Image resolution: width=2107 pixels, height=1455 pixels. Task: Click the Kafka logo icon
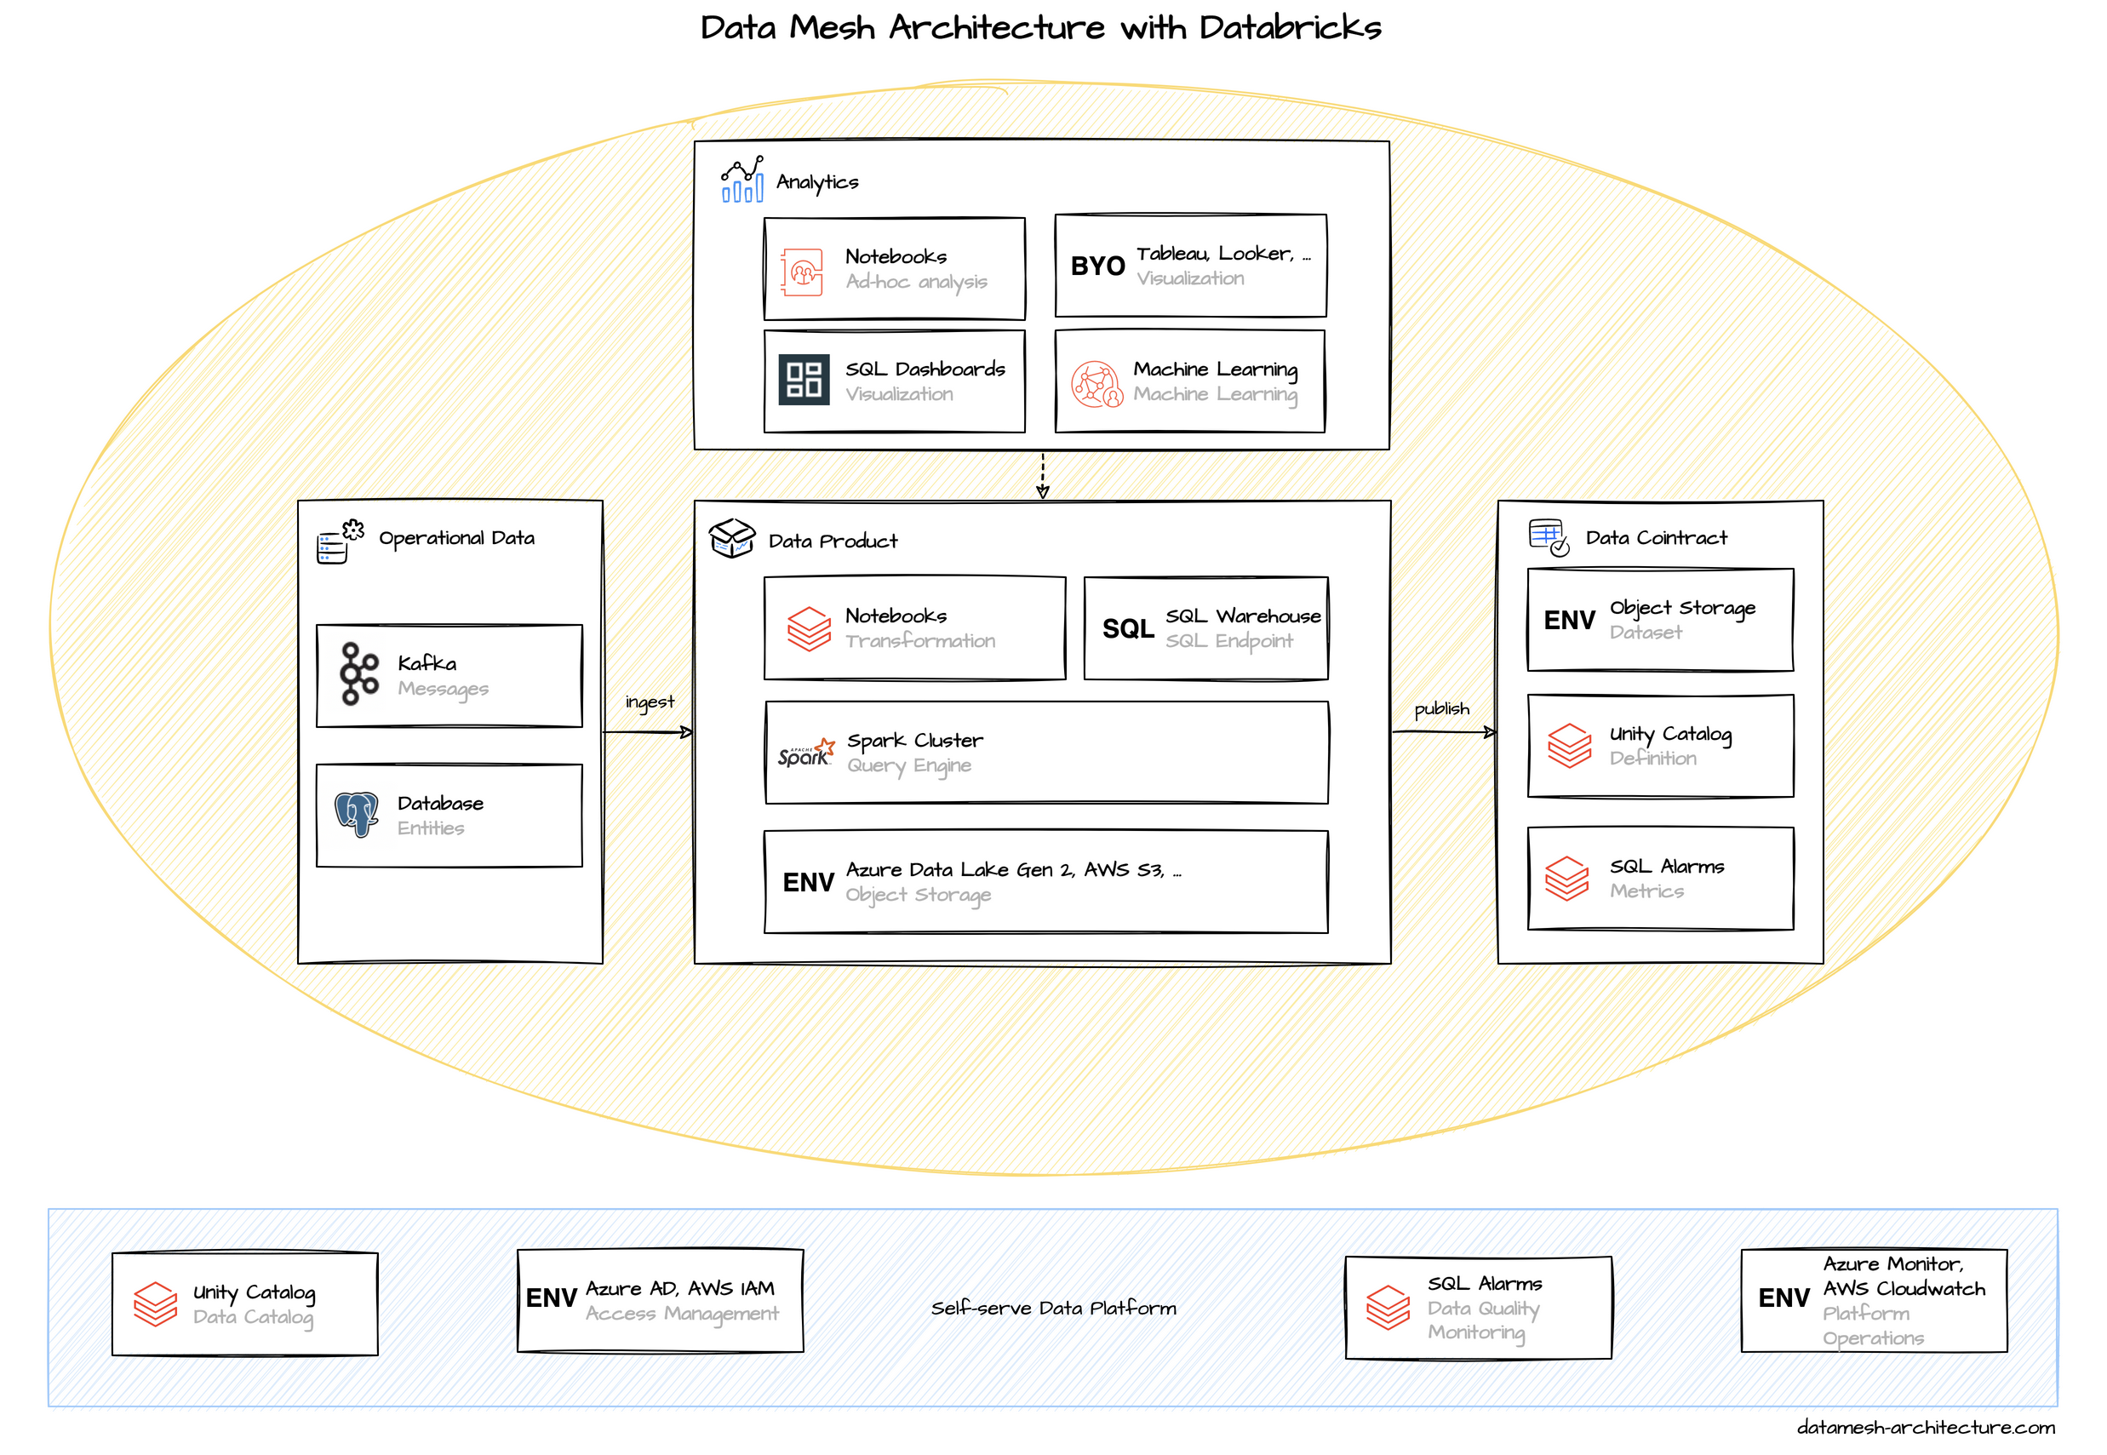pyautogui.click(x=358, y=674)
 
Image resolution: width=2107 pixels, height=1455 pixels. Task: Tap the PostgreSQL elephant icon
pyautogui.click(x=357, y=814)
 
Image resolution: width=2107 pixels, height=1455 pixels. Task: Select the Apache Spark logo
pyautogui.click(x=805, y=753)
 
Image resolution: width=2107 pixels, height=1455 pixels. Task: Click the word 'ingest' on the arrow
pyautogui.click(x=650, y=702)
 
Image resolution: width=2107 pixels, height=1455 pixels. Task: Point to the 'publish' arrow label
pyautogui.click(x=1442, y=708)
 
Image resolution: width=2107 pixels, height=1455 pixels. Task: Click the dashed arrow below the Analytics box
pyautogui.click(x=1043, y=476)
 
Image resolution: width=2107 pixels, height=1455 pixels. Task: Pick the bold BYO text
pyautogui.click(x=1097, y=266)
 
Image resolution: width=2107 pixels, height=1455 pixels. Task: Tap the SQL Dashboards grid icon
pyautogui.click(x=804, y=379)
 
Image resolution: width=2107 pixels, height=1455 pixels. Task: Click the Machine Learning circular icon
pyautogui.click(x=1096, y=384)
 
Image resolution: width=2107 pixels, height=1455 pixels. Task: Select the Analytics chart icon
pyautogui.click(x=741, y=180)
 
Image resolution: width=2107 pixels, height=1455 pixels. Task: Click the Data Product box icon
pyautogui.click(x=732, y=538)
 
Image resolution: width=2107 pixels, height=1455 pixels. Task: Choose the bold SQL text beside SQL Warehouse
pyautogui.click(x=1127, y=629)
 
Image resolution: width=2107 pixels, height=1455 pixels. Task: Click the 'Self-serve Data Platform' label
pyautogui.click(x=1054, y=1309)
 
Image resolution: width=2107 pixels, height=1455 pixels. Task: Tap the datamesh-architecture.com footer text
pyautogui.click(x=1925, y=1428)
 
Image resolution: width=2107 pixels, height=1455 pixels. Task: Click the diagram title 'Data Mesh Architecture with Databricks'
pyautogui.click(x=1041, y=27)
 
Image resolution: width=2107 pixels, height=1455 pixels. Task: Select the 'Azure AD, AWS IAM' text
pyautogui.click(x=680, y=1288)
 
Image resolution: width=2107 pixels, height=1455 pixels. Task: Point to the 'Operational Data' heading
pyautogui.click(x=456, y=538)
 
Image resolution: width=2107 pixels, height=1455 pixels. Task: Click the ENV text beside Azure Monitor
pyautogui.click(x=1784, y=1298)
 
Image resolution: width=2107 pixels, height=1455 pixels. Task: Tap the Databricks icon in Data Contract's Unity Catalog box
pyautogui.click(x=1569, y=746)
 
